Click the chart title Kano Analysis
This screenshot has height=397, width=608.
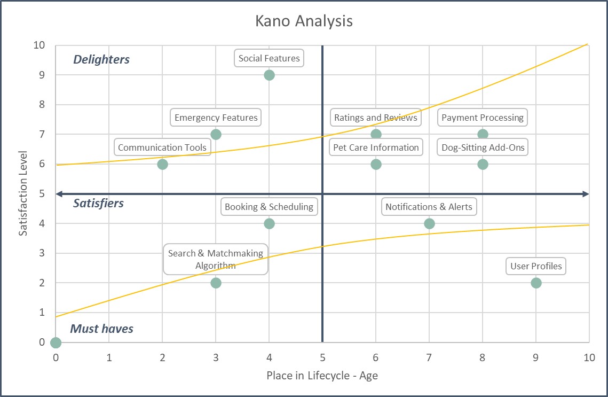pyautogui.click(x=304, y=21)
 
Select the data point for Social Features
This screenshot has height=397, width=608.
pyautogui.click(x=269, y=75)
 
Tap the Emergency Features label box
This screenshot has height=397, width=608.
pyautogui.click(x=216, y=118)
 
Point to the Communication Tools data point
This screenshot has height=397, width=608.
pyautogui.click(x=162, y=164)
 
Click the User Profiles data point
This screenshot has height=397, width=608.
pyautogui.click(x=536, y=283)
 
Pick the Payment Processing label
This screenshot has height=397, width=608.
pyautogui.click(x=483, y=118)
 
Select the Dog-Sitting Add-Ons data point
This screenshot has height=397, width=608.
pyautogui.click(x=483, y=164)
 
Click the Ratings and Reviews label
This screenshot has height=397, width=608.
pyautogui.click(x=376, y=118)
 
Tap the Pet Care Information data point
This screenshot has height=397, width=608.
pyautogui.click(x=376, y=164)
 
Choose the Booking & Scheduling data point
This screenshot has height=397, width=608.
pyautogui.click(x=269, y=223)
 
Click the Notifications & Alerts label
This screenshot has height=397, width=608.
pyautogui.click(x=429, y=207)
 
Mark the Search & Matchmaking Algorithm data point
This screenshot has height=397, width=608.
pyautogui.click(x=216, y=283)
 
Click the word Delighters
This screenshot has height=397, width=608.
pyautogui.click(x=101, y=59)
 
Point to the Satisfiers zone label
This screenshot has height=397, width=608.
pyautogui.click(x=98, y=203)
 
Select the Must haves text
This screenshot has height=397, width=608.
pyautogui.click(x=102, y=329)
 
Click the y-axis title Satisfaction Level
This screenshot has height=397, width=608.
pyautogui.click(x=23, y=194)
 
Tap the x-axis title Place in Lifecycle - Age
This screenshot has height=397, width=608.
pyautogui.click(x=322, y=376)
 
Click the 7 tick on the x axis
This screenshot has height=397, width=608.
pyautogui.click(x=429, y=358)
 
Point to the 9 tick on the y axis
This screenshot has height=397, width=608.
pyautogui.click(x=42, y=75)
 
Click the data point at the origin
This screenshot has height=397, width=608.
pyautogui.click(x=56, y=342)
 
